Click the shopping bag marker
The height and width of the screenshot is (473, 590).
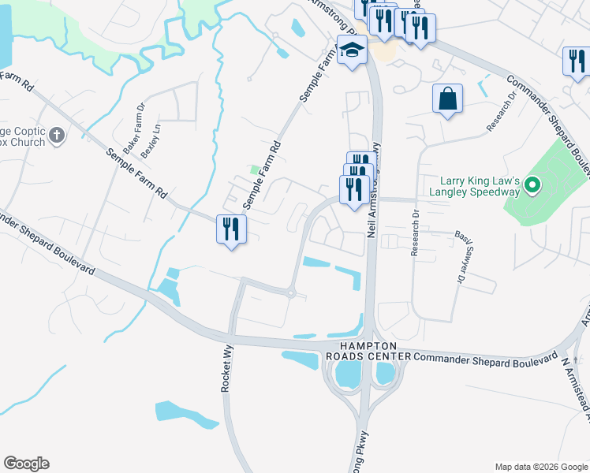click(x=447, y=99)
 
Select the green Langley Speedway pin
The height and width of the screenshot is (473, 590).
click(x=532, y=186)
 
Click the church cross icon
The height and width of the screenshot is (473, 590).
click(x=56, y=136)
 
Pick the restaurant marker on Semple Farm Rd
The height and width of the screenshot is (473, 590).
click(x=231, y=229)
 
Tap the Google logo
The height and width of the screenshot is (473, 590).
click(x=26, y=464)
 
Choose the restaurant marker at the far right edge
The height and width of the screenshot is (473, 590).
click(x=576, y=61)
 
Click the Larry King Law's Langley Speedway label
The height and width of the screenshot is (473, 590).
click(x=474, y=186)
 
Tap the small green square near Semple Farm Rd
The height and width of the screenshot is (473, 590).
click(x=254, y=169)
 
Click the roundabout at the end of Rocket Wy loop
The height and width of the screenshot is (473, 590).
click(x=290, y=294)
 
